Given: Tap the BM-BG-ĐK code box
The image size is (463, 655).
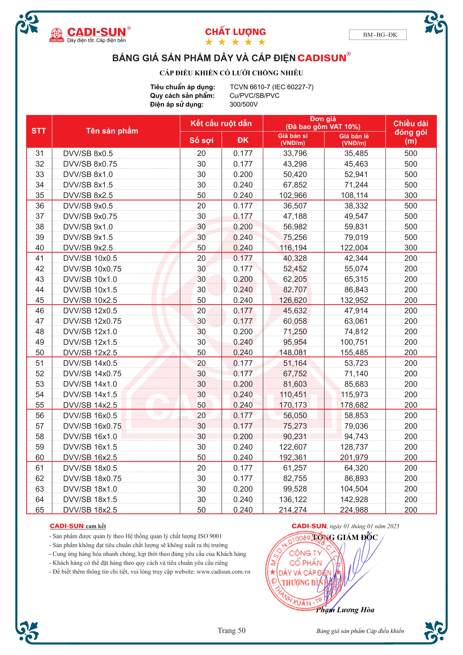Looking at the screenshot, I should coord(377,35).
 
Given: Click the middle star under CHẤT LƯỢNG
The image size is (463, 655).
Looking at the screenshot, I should coord(235,42).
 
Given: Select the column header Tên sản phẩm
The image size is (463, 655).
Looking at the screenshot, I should coord(112,131).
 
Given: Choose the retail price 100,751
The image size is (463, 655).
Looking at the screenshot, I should coord(354,342).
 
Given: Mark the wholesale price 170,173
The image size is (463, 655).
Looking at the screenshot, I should coord(293,405).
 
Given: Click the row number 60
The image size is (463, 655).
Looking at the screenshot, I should coord(40,458).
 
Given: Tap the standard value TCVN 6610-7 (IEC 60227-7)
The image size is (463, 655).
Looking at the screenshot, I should coord(272,87).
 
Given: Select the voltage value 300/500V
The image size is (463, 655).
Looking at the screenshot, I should coord(243,104).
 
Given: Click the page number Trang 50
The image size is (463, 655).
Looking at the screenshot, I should coord(231,631).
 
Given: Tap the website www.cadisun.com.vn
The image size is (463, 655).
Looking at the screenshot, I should coord(223,572).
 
